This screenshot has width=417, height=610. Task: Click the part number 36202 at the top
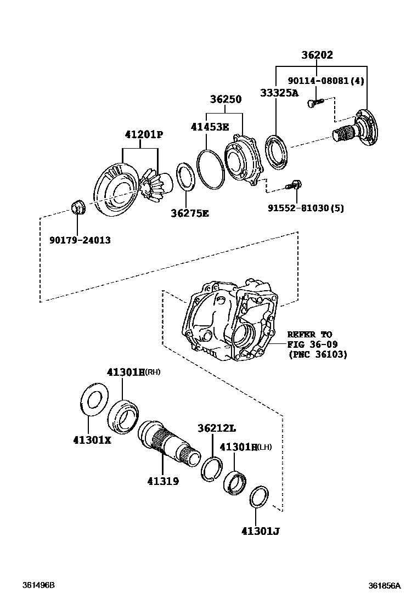317,55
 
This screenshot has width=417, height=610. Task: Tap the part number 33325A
279,93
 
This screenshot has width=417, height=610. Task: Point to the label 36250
225,99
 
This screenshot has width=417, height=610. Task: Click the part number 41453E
210,127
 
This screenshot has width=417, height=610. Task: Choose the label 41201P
144,134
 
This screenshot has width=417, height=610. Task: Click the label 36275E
190,213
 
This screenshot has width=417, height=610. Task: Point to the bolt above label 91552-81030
294,185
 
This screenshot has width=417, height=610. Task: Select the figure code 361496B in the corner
38,585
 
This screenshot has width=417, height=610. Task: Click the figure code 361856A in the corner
384,585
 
